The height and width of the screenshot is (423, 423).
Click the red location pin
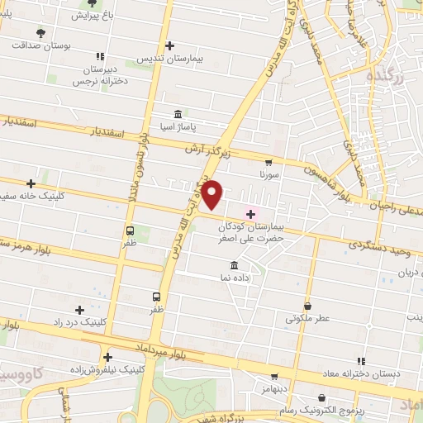[x=212, y=195]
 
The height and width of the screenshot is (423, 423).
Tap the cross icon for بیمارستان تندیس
[x=169, y=45]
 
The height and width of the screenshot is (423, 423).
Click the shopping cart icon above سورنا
[x=269, y=163]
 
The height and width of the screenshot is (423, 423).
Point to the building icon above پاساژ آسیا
[x=179, y=114]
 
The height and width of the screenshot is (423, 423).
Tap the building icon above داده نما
[x=235, y=265]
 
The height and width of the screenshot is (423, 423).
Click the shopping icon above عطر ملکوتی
[x=307, y=306]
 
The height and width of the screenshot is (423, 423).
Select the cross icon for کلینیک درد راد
[x=79, y=309]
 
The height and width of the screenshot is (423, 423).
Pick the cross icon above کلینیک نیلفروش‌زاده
[x=107, y=357]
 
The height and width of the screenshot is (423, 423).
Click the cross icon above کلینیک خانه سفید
[x=31, y=183]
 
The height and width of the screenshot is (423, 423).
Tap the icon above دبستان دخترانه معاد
[x=361, y=361]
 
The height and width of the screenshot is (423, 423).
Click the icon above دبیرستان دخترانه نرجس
[x=99, y=57]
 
